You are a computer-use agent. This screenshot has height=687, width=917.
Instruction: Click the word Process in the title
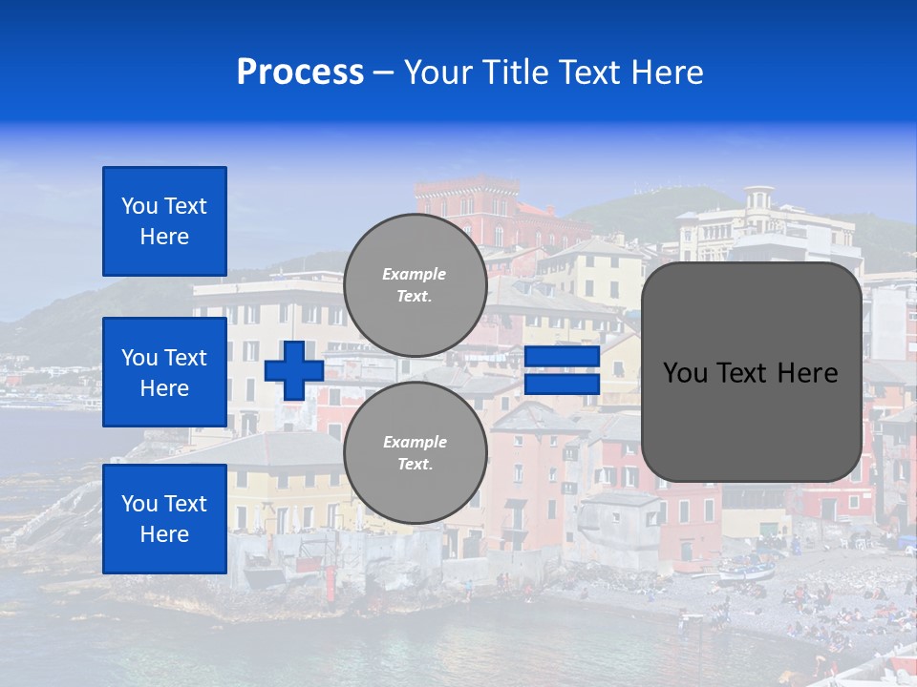tap(300, 73)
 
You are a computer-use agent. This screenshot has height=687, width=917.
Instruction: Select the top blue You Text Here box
tap(164, 221)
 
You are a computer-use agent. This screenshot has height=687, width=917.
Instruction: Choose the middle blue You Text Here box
tap(164, 372)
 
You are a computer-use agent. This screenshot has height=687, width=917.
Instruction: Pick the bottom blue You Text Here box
tap(164, 519)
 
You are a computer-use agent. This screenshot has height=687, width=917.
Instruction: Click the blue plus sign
tap(294, 370)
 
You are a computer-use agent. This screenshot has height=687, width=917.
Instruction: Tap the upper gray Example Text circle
tap(415, 284)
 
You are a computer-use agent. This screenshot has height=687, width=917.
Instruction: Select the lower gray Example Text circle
tap(415, 452)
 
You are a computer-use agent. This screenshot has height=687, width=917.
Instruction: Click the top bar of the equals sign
tap(562, 357)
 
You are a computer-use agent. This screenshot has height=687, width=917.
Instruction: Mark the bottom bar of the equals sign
tap(562, 385)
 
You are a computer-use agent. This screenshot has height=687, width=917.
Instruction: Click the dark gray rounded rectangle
tap(751, 372)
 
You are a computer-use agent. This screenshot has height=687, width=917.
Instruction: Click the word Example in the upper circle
tap(415, 274)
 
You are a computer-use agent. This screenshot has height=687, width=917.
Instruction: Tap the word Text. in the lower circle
tap(415, 465)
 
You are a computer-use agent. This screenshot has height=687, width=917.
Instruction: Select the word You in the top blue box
tap(139, 206)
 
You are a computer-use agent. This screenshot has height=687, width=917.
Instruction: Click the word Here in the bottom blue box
tap(164, 534)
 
